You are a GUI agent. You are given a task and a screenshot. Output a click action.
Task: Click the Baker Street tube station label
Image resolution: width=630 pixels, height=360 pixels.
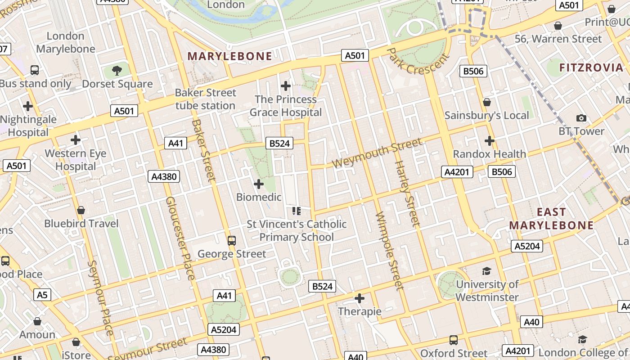tap(205, 99)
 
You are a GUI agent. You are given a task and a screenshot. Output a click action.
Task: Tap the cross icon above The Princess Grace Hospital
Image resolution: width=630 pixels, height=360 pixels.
tap(286, 85)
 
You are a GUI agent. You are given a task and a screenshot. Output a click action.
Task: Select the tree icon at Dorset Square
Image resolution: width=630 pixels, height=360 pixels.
tap(117, 70)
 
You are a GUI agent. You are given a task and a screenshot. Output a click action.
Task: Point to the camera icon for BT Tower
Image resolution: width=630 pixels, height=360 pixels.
tap(581, 118)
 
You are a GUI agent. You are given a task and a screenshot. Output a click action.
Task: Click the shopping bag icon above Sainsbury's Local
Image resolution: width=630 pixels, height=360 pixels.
tap(486, 102)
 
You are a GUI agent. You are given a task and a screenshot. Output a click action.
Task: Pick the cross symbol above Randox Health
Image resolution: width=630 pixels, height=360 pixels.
tap(490, 141)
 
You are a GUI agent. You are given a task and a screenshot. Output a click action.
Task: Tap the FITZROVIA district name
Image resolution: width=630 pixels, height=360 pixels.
tap(591, 68)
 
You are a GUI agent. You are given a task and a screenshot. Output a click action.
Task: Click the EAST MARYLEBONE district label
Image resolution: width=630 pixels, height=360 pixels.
tap(551, 218)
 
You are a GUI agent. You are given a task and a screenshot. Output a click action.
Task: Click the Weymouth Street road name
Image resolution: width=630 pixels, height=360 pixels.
tap(377, 153)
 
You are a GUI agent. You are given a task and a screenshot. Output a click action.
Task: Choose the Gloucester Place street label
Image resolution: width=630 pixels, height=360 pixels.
tap(180, 238)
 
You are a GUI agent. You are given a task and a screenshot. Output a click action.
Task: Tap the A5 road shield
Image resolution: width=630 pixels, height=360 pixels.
tap(42, 295)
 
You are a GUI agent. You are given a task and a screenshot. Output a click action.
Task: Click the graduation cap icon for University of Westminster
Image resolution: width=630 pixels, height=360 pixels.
tap(486, 271)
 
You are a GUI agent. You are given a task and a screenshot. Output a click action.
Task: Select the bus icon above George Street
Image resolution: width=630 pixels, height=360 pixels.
tap(232, 241)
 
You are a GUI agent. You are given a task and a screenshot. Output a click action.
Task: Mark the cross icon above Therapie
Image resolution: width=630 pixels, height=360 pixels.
tap(360, 298)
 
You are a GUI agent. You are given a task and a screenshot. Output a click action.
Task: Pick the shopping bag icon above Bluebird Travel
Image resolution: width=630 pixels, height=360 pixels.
tap(81, 210)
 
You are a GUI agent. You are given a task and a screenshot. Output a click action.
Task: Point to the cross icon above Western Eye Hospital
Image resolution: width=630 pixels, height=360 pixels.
tap(75, 140)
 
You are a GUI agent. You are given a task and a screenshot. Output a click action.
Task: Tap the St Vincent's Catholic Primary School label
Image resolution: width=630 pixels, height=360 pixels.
tap(297, 230)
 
